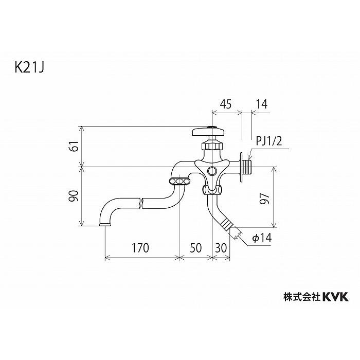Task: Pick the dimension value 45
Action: pyautogui.click(x=225, y=104)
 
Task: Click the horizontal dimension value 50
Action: pyautogui.click(x=196, y=248)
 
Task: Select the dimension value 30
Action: pyautogui.click(x=221, y=248)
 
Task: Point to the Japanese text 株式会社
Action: pyautogui.click(x=301, y=297)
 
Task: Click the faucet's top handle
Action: pyautogui.click(x=209, y=131)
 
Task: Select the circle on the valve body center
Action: pyautogui.click(x=211, y=170)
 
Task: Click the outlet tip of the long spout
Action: pyautogui.click(x=104, y=224)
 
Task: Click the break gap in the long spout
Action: pyautogui.click(x=140, y=202)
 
